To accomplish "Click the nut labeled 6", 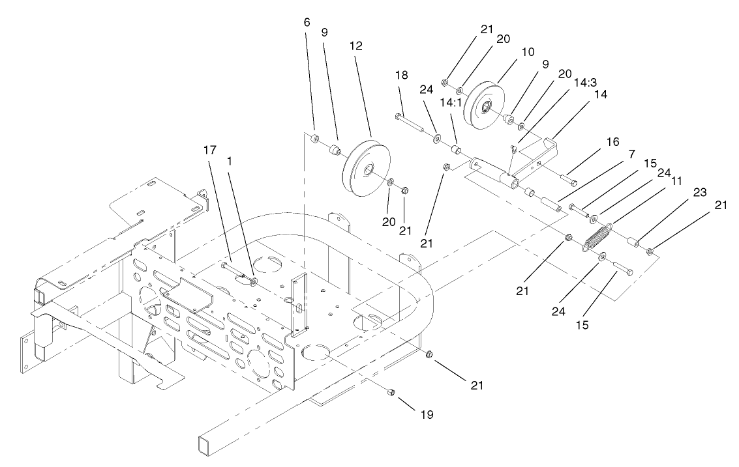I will pyautogui.click(x=314, y=138).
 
